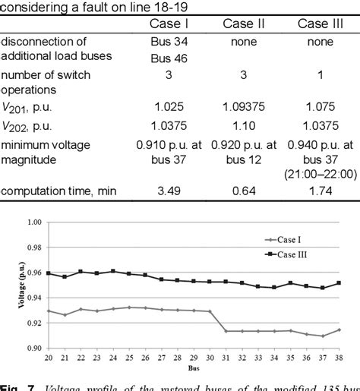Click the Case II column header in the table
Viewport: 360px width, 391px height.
[243, 24]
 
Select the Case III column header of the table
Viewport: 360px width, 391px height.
[317, 24]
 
